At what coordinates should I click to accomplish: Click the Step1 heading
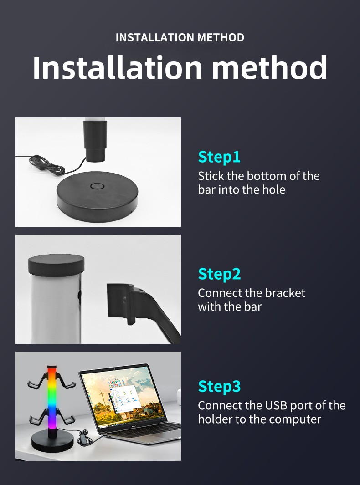[x=219, y=157]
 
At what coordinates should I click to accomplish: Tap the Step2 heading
[x=219, y=274]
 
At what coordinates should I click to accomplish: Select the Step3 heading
[x=219, y=386]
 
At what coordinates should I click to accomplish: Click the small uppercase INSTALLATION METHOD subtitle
[x=180, y=37]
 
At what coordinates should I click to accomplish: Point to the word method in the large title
[x=270, y=67]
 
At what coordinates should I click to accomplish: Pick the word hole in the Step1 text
[x=273, y=189]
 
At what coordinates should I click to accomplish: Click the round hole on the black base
[x=97, y=187]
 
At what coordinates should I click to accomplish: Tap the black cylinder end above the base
[x=95, y=141]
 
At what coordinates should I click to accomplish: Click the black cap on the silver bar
[x=56, y=265]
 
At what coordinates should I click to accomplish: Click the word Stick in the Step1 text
[x=211, y=176]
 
